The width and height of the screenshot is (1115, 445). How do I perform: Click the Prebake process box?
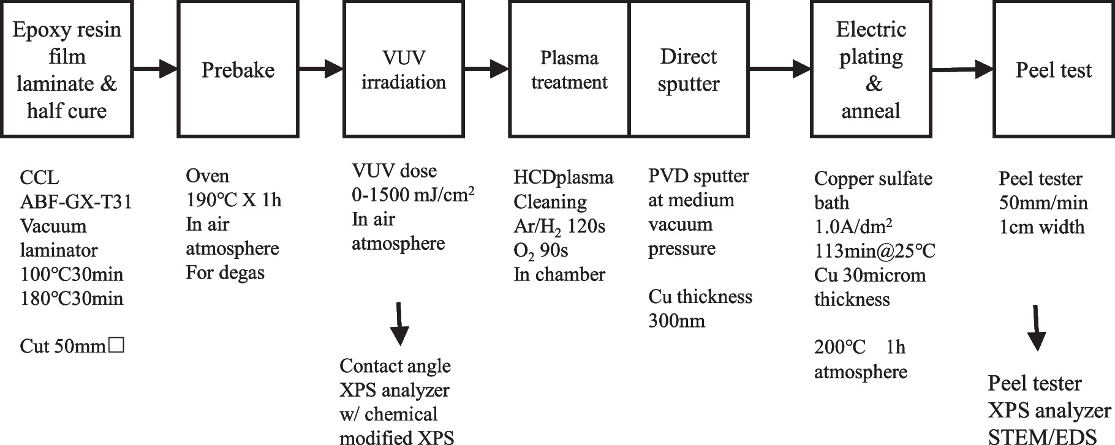pyautogui.click(x=238, y=69)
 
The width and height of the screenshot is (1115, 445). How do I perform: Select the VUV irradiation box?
pyautogui.click(x=403, y=69)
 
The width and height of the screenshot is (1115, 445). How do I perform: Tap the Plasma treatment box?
pyautogui.click(x=569, y=69)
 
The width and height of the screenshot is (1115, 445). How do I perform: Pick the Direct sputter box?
pyautogui.click(x=689, y=69)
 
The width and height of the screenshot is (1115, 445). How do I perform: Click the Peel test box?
pyautogui.click(x=1053, y=69)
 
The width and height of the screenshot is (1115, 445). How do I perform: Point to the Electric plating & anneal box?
pyautogui.click(x=871, y=69)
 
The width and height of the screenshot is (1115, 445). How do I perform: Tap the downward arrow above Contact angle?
pyautogui.click(x=399, y=324)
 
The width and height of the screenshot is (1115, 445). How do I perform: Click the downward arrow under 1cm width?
pyautogui.click(x=1037, y=328)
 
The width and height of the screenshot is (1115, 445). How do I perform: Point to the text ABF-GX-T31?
pyautogui.click(x=76, y=201)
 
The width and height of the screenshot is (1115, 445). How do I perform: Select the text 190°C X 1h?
pyautogui.click(x=233, y=200)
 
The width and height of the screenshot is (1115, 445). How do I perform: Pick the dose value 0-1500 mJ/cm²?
pyautogui.click(x=414, y=195)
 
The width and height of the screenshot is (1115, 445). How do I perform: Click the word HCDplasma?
pyautogui.click(x=563, y=178)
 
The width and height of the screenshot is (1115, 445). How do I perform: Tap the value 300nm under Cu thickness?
pyautogui.click(x=676, y=321)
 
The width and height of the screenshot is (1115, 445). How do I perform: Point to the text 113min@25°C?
pyautogui.click(x=874, y=251)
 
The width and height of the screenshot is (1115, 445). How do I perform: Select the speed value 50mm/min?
pyautogui.click(x=1043, y=203)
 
